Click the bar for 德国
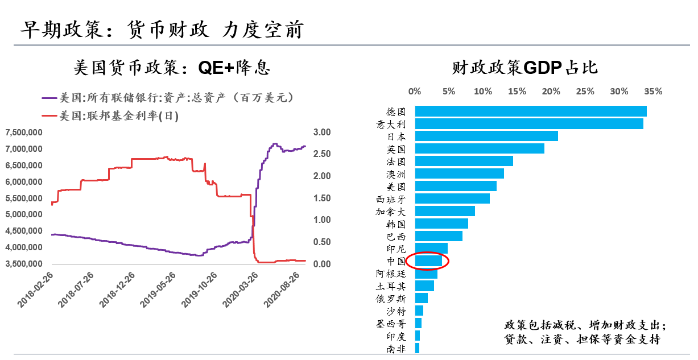click(x=530, y=111)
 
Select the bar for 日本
click(x=486, y=136)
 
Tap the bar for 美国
click(x=455, y=186)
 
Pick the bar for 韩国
click(x=441, y=224)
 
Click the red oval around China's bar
click(x=428, y=261)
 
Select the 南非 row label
click(x=396, y=349)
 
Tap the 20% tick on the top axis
click(x=551, y=91)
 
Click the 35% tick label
click(x=653, y=91)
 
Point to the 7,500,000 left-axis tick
click(x=24, y=133)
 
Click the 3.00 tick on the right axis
click(x=322, y=133)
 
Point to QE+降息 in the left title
click(x=233, y=68)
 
